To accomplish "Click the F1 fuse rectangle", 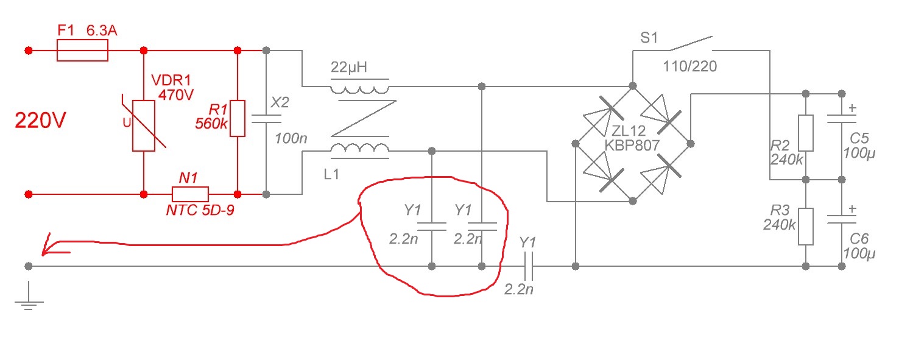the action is (82, 51).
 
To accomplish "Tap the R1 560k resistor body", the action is (237, 118).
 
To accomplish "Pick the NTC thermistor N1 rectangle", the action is (190, 194).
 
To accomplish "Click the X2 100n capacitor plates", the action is (266, 119).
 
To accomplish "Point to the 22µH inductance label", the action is (349, 67).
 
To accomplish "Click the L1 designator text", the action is (331, 174).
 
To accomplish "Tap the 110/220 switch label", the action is (689, 66).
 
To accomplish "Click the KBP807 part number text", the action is (632, 146).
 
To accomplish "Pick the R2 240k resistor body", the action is (805, 133).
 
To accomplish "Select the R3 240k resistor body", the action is (805, 227).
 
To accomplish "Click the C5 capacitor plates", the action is (842, 119).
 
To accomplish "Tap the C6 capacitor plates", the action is (842, 219).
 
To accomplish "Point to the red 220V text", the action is (40, 120).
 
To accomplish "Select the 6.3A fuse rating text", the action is (102, 30).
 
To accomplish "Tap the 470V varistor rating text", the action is (176, 95).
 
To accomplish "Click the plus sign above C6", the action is (853, 209).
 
